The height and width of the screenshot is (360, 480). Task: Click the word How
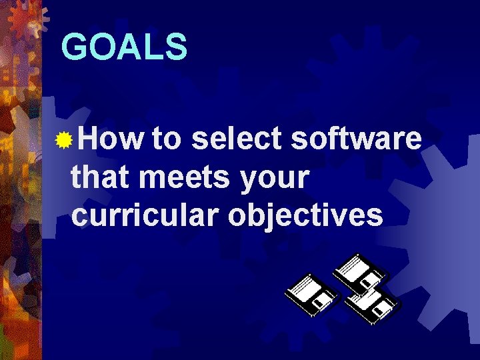110,140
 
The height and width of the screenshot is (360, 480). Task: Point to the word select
238,140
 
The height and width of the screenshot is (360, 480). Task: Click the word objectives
306,216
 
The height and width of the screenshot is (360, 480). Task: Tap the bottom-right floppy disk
373,305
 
